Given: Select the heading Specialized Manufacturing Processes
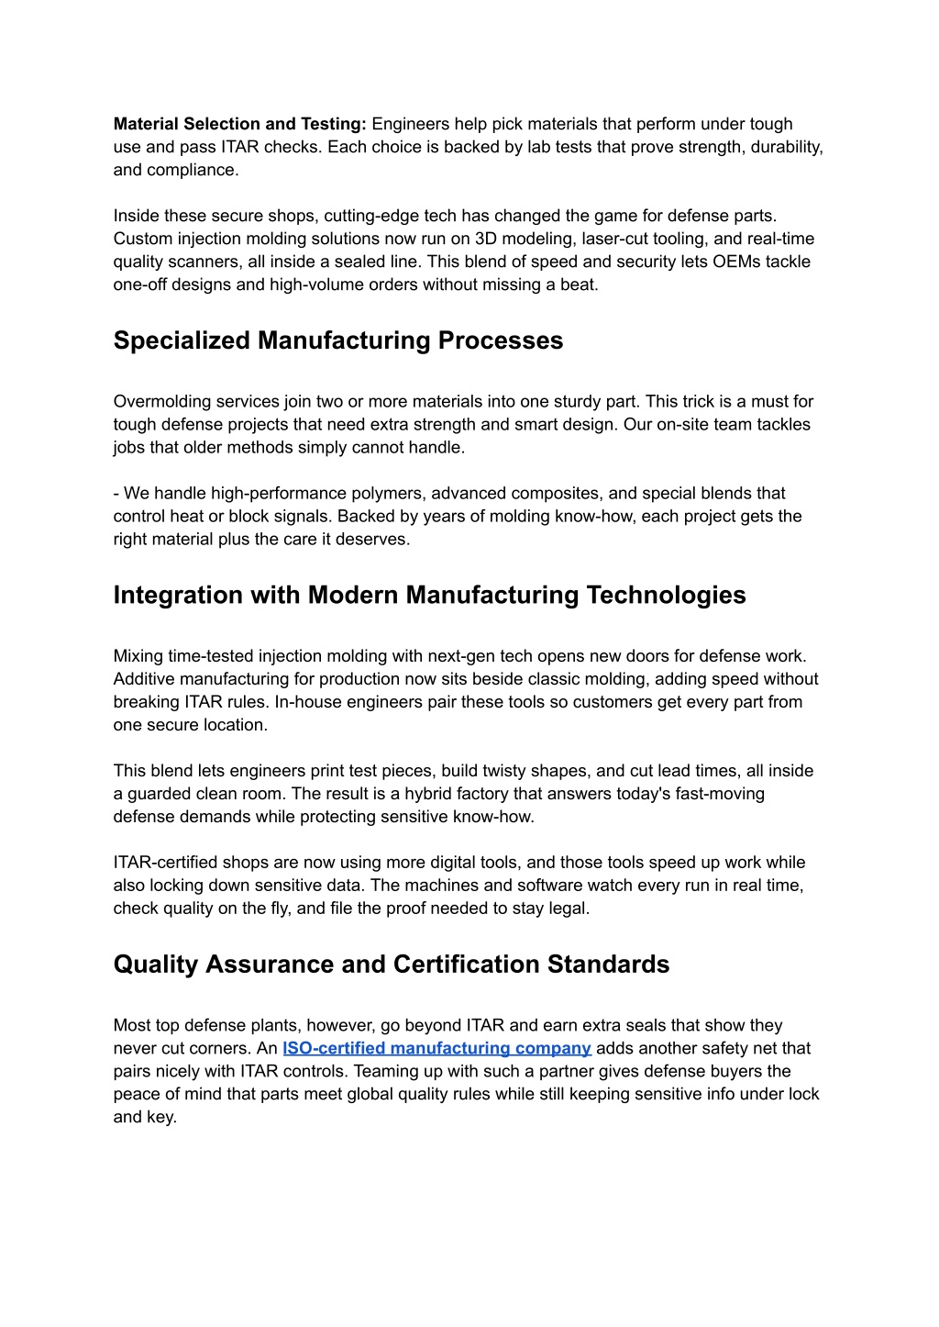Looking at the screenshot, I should [337, 340].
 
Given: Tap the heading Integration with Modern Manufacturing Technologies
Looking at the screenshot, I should [429, 595].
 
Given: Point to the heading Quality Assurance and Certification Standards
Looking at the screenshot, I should [391, 965].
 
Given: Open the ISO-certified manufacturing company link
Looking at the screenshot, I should [436, 1048].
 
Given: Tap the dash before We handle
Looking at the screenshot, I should [116, 493].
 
